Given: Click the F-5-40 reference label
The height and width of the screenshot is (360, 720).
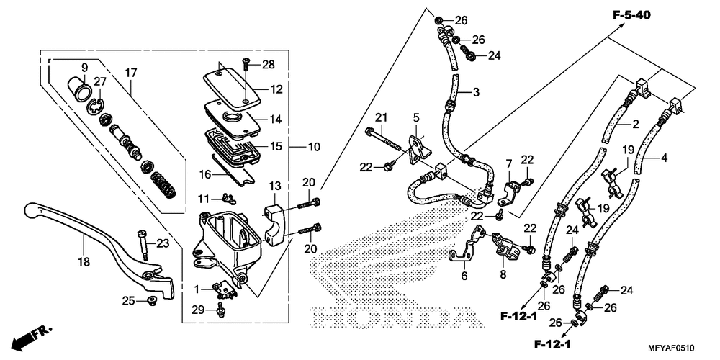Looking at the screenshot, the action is pos(632,15).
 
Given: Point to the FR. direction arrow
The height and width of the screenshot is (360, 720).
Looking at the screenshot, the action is pos(32,337).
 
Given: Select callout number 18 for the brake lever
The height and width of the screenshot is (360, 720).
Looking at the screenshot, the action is pos(84,262).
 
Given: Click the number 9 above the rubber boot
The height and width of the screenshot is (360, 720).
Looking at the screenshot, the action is pos(84,68).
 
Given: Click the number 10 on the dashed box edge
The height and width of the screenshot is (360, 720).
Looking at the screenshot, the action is pos(314,147).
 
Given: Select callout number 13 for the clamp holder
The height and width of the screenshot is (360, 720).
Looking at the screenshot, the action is pos(274,186).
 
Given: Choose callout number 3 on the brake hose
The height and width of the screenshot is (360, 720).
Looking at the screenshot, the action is pos(476,92).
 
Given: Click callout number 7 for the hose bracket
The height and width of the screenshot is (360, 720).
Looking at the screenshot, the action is pos(508,163).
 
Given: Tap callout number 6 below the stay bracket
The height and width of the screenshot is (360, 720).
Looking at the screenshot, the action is pos(464,276).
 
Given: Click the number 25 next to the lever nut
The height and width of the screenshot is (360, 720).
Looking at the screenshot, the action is pos(128,301).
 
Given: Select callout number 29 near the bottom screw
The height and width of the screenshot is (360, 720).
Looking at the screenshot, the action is pos(197,310).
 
